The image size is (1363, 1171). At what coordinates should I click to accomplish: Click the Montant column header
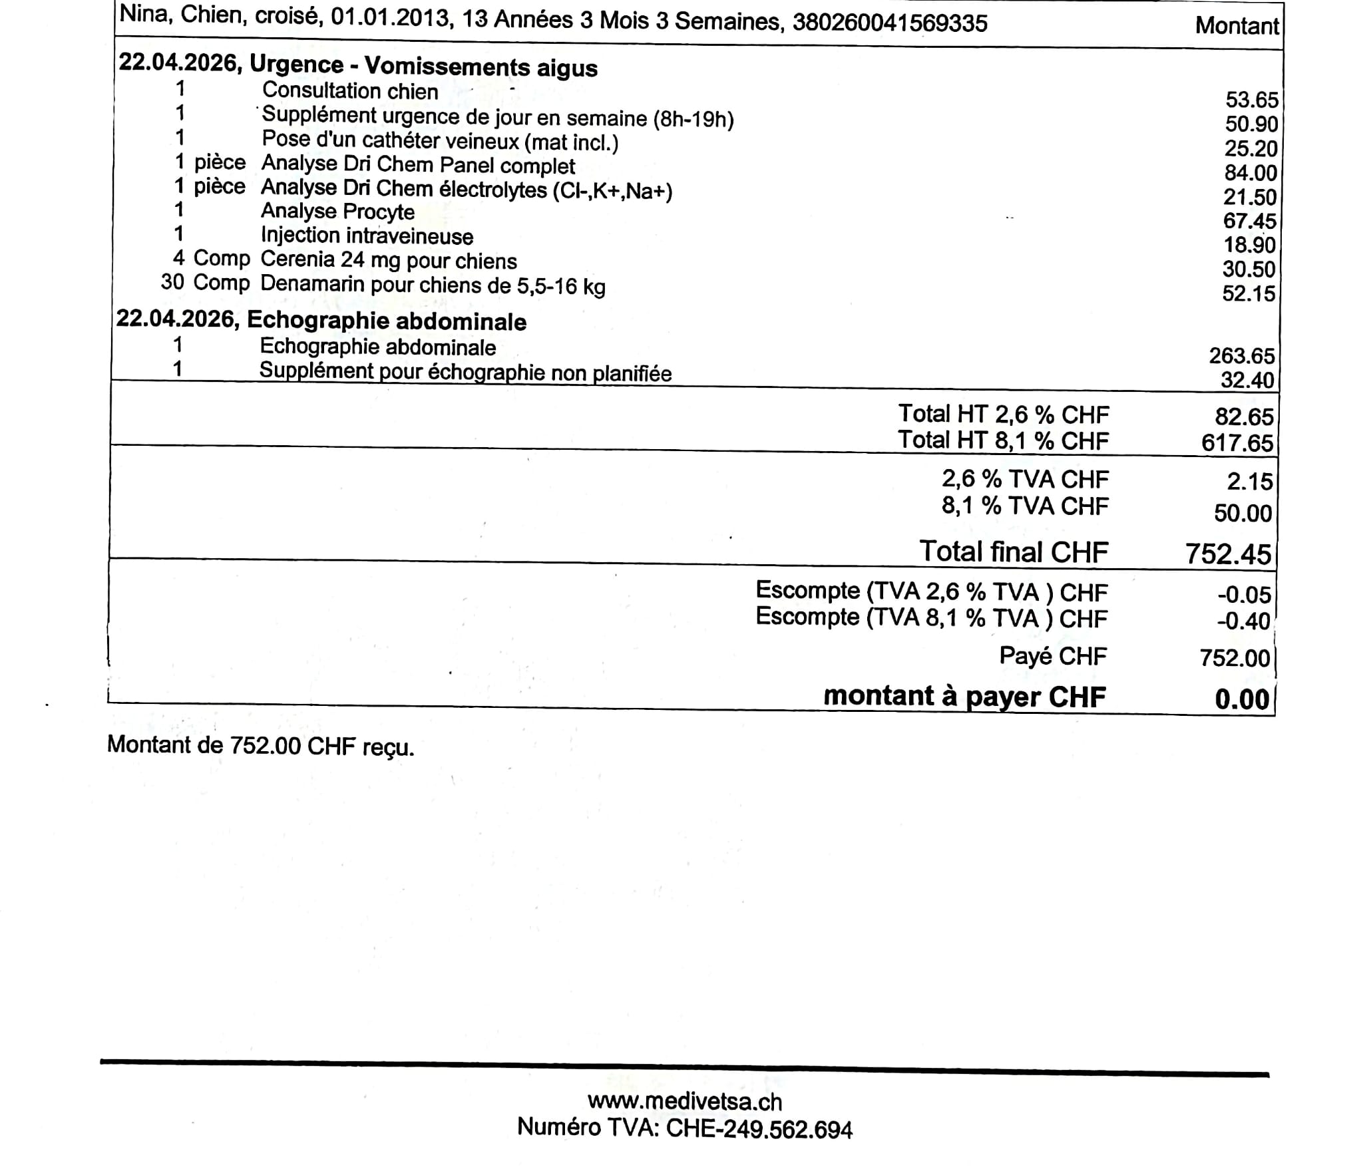[1236, 26]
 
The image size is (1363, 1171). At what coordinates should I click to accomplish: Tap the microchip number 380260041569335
[890, 23]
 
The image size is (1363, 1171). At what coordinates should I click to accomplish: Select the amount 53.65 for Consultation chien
[1251, 100]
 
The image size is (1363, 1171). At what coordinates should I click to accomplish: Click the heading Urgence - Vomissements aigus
[423, 66]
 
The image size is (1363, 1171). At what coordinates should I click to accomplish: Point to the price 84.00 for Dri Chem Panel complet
[1251, 172]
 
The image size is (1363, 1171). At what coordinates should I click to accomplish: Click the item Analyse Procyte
[337, 212]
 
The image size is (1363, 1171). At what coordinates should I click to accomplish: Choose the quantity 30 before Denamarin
[172, 282]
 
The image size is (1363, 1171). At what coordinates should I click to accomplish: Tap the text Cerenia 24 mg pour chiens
[389, 260]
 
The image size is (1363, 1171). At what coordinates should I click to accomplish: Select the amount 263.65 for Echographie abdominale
[1241, 356]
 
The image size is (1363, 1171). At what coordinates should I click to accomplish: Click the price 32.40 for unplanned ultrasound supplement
[1247, 380]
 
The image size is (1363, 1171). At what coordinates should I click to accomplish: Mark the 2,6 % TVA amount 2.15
[1249, 481]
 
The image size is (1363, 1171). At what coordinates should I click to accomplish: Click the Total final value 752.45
[1228, 554]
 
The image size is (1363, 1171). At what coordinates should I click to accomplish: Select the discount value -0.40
[1243, 621]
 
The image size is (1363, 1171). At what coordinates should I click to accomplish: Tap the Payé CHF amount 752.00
[1235, 657]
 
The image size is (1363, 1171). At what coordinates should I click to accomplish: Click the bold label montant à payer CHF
[964, 696]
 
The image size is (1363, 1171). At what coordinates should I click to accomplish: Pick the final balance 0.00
[1242, 699]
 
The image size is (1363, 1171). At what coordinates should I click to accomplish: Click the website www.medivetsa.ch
[685, 1102]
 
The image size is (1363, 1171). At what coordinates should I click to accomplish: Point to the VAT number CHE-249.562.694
[759, 1129]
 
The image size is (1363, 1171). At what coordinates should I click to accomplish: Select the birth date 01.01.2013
[390, 17]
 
